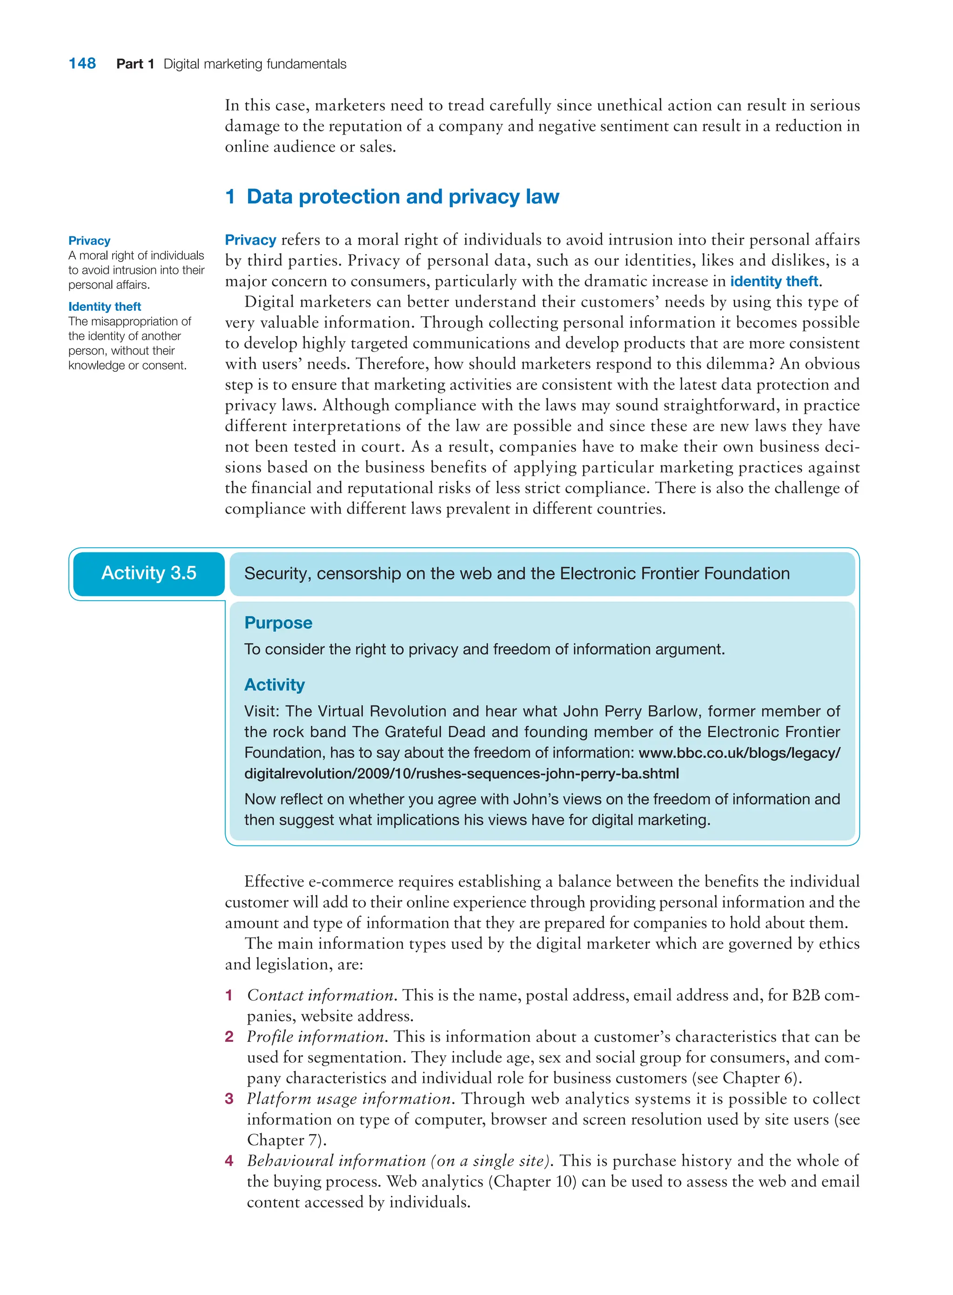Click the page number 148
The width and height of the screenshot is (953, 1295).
pyautogui.click(x=82, y=63)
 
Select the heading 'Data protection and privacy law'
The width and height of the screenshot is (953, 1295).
pyautogui.click(x=403, y=197)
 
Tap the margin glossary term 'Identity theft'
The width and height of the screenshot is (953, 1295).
pyautogui.click(x=104, y=306)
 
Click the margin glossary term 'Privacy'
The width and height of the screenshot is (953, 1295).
pyautogui.click(x=89, y=241)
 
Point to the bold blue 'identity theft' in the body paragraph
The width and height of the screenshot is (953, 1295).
pyautogui.click(x=773, y=281)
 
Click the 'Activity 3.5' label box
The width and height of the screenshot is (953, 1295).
pyautogui.click(x=149, y=573)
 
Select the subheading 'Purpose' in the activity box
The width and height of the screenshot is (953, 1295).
pyautogui.click(x=278, y=623)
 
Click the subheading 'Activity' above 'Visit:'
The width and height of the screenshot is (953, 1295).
pyautogui.click(x=274, y=684)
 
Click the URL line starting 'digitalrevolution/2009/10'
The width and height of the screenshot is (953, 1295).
pyautogui.click(x=461, y=773)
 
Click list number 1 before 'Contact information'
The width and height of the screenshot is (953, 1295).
pyautogui.click(x=229, y=995)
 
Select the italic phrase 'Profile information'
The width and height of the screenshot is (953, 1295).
pyautogui.click(x=315, y=1037)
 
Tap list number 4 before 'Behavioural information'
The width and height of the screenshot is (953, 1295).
pyautogui.click(x=229, y=1161)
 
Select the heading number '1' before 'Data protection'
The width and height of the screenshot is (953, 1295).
pyautogui.click(x=230, y=197)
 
